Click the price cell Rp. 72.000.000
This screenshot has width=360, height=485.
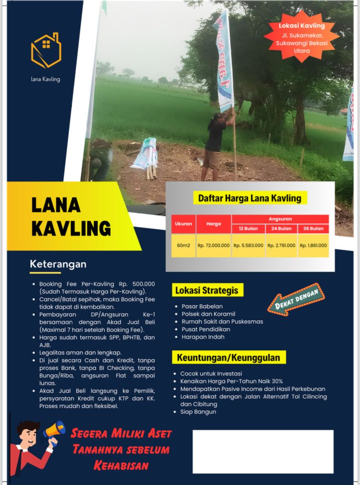213,245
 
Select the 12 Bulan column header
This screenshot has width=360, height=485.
248,229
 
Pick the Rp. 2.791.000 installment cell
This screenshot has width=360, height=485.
281,245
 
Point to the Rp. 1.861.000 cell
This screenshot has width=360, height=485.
313,245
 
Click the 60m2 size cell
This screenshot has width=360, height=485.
183,245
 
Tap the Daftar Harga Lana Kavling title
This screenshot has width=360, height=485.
250,198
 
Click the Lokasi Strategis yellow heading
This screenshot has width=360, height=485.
206,291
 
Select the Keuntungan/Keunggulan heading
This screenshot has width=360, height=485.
228,358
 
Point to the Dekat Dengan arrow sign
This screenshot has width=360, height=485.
296,299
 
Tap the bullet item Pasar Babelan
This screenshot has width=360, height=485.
202,306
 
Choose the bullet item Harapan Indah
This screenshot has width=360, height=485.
203,337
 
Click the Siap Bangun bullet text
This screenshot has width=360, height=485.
198,412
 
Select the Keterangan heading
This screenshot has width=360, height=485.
58,264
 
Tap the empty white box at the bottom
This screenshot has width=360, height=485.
263,451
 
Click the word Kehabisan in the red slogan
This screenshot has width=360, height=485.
121,465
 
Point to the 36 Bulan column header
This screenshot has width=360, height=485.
313,229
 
